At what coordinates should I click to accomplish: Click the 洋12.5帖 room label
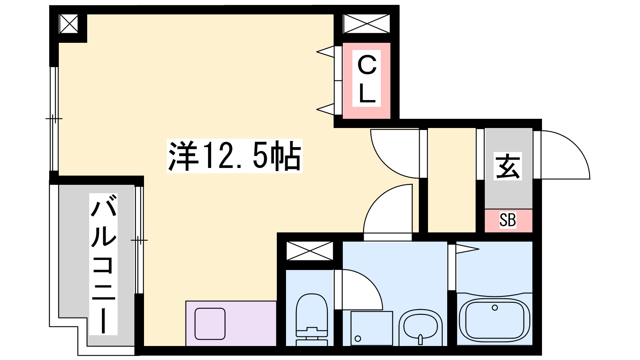(x=234, y=156)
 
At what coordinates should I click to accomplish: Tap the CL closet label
(x=366, y=78)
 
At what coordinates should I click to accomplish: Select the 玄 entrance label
(x=508, y=166)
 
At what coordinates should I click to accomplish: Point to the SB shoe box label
(x=508, y=220)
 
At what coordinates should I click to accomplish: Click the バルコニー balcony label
(x=104, y=264)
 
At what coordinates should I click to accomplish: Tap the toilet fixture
(x=312, y=320)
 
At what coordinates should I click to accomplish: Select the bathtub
(x=494, y=319)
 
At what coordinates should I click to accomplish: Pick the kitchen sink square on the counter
(x=210, y=324)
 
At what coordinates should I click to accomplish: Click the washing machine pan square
(x=372, y=328)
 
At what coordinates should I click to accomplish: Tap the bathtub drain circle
(x=495, y=308)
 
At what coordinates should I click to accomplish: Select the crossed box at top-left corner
(x=68, y=24)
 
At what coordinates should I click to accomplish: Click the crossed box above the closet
(x=366, y=24)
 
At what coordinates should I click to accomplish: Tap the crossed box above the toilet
(x=310, y=251)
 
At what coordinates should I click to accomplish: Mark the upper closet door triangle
(x=326, y=52)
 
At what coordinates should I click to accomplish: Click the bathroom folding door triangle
(x=468, y=250)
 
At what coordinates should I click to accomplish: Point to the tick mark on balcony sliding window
(x=139, y=240)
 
